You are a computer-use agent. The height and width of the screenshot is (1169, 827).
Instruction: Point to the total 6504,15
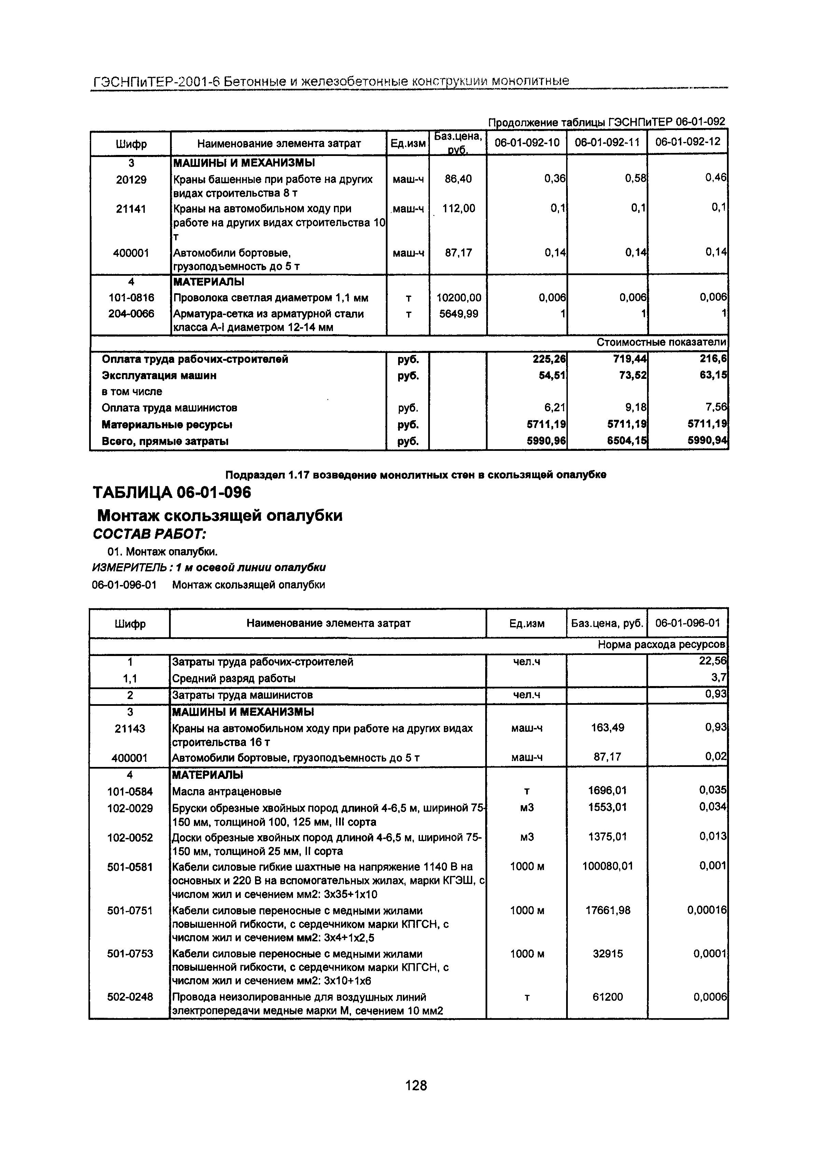click(x=627, y=441)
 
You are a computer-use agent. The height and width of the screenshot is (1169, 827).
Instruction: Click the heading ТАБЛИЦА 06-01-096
click(x=172, y=493)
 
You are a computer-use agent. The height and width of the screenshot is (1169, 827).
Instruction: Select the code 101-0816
click(x=131, y=297)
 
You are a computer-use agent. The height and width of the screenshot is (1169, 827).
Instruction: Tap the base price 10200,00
click(x=458, y=297)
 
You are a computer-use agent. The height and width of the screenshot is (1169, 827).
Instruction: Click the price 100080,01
click(x=607, y=866)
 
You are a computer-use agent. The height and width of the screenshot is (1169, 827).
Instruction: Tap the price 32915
click(x=607, y=954)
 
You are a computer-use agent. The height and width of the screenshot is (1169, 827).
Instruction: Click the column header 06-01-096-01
click(x=687, y=623)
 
